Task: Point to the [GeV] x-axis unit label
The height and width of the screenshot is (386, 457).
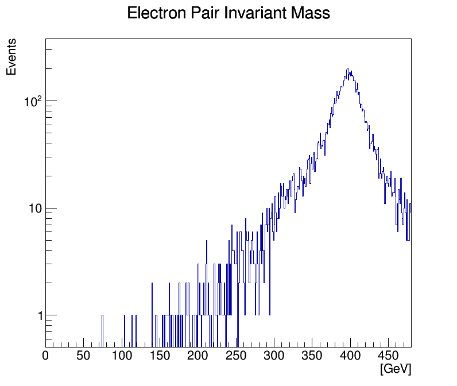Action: tap(396, 369)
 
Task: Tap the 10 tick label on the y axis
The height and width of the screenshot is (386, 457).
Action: tap(35, 208)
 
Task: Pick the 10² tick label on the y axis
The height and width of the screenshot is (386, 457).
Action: tap(33, 101)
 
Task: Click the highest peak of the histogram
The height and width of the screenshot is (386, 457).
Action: tap(348, 68)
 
